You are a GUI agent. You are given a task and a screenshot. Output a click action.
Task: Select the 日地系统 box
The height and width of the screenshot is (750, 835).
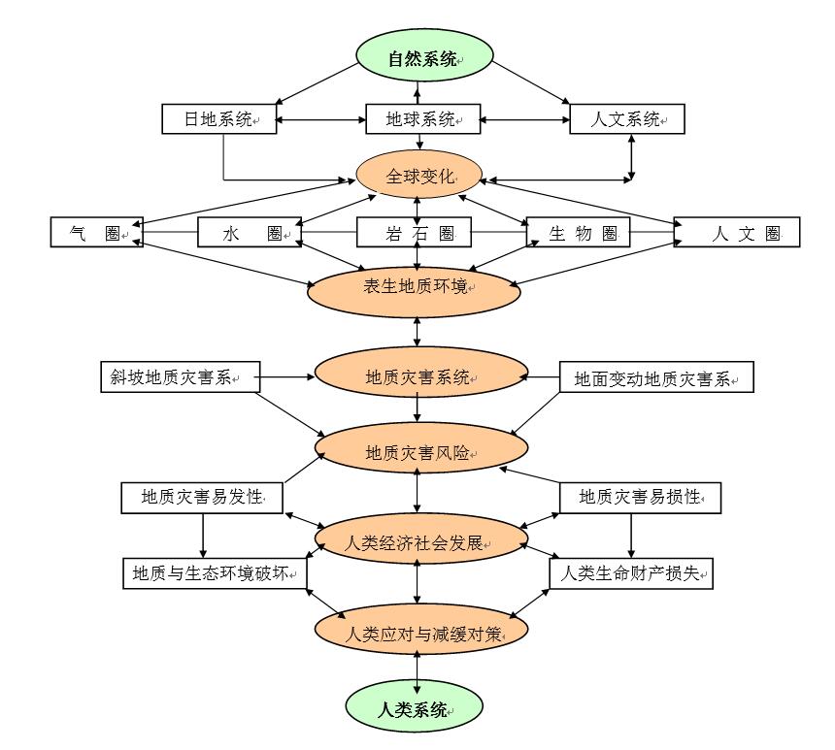pos(219,119)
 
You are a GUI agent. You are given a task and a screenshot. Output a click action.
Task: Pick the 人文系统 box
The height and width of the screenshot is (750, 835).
pos(626,119)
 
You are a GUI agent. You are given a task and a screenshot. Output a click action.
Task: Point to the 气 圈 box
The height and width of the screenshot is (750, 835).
pos(96,233)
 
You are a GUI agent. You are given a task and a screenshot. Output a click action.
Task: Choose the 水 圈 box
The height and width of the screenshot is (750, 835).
pos(248,233)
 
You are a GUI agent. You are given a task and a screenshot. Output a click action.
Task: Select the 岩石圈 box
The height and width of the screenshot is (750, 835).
pos(414,233)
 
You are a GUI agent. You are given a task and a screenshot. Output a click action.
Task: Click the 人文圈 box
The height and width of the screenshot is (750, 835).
pos(737,233)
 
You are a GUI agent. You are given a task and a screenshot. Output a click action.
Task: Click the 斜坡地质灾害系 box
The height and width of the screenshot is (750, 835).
pos(181,377)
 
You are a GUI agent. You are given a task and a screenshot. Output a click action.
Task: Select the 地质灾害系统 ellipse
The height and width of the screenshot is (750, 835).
pos(419,377)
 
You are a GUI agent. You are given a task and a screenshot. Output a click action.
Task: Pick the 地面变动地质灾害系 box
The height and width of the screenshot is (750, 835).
pos(656,378)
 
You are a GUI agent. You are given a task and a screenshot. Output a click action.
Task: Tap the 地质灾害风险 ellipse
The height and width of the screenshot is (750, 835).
pos(419,450)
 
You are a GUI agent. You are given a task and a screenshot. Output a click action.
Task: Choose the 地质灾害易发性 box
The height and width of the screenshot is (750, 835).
pos(201,498)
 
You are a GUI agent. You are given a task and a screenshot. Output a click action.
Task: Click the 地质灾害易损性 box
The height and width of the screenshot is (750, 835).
pos(640,498)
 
